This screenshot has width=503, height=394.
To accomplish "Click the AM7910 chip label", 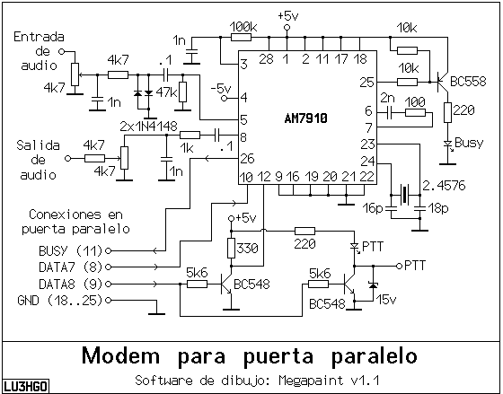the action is tap(305, 118).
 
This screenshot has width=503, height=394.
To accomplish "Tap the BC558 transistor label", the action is tap(468, 82).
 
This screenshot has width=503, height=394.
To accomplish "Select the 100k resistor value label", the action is tap(243, 27).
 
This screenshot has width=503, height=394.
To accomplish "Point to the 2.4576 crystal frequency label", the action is tap(444, 186).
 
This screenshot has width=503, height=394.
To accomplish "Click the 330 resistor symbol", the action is tap(231, 248).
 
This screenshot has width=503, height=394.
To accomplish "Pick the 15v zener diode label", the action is tap(386, 300).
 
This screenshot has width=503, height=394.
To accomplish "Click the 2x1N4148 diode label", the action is tap(148, 127).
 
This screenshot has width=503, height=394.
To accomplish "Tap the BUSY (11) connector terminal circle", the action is tap(108, 250).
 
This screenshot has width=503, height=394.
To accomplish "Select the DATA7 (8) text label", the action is tap(70, 267).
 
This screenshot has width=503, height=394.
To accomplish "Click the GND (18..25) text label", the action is tap(59, 301).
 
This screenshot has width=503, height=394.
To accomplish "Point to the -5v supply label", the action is tap(221, 88).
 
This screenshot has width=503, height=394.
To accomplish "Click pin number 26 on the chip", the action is tap(247, 159).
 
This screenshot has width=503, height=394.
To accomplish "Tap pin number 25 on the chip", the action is tap(367, 83).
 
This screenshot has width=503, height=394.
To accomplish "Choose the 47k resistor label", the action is tap(166, 93).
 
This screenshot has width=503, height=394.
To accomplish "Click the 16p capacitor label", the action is tap(373, 208).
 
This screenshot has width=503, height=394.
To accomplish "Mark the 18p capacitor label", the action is tap(438, 208).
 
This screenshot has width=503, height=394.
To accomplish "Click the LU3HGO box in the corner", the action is tap(26, 386).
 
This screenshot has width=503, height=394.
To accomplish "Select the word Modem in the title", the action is tap(120, 355).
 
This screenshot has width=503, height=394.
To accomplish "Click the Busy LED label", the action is tap(469, 143).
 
